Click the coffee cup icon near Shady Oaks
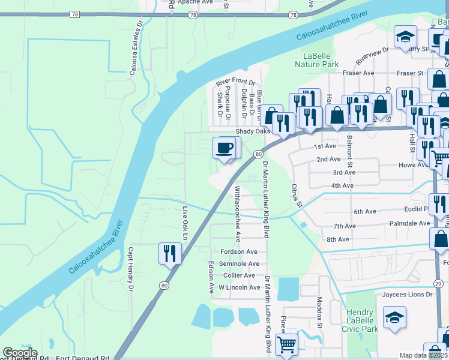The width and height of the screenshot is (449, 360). click(225, 148)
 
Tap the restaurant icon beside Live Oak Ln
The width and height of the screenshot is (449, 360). click(170, 253)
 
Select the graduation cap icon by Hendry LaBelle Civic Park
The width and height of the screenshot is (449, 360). click(395, 317)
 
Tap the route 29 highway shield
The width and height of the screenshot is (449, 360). click(438, 283)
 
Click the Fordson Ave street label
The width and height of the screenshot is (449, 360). click(238, 252)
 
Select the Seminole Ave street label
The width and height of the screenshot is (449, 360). click(238, 263)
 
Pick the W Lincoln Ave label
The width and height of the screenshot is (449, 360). click(239, 287)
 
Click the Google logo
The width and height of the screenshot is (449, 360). click(20, 353)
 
